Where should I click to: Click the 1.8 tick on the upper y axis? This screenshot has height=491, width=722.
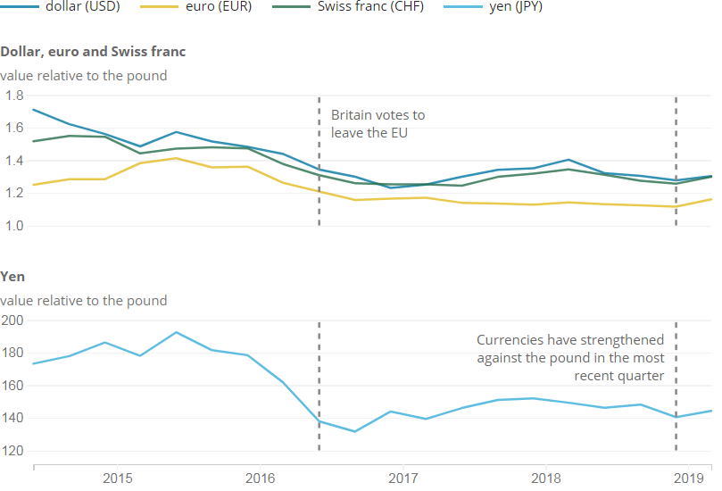[14, 96]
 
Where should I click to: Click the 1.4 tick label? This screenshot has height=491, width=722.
[14, 161]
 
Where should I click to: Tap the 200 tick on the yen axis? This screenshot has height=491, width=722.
[12, 320]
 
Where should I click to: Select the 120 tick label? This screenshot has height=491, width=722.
[12, 451]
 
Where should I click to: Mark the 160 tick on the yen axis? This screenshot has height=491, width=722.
[12, 386]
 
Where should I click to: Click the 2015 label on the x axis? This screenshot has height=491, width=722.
[118, 479]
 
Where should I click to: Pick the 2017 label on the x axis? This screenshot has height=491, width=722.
[403, 479]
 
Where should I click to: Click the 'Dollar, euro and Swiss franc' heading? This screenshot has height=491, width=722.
[93, 52]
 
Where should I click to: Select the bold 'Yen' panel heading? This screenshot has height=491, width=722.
[12, 277]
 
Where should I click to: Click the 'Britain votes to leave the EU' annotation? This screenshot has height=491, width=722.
[378, 124]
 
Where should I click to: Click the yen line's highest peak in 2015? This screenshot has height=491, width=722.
[176, 332]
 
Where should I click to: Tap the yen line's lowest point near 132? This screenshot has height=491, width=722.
[354, 431]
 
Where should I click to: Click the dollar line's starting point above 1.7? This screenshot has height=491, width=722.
[33, 110]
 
